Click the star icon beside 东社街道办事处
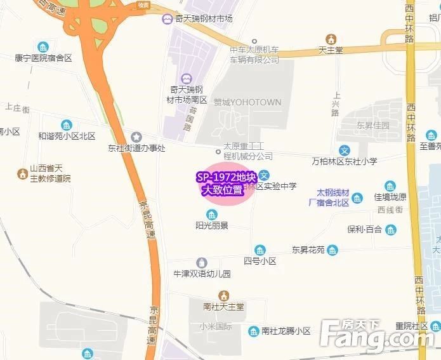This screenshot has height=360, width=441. [136, 137]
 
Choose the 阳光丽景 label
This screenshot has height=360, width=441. [212, 225]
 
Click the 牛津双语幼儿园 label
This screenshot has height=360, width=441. [202, 274]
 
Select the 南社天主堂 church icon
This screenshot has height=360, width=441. [223, 295]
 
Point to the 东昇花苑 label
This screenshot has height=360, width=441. [308, 250]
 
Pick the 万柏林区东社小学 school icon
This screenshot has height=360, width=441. [344, 150]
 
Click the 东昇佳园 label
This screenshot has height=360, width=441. [372, 125]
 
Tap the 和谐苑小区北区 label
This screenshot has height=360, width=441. [67, 136]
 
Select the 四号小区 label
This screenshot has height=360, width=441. [260, 261]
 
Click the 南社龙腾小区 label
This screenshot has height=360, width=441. [286, 331]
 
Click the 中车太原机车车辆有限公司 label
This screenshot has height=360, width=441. [254, 55]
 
